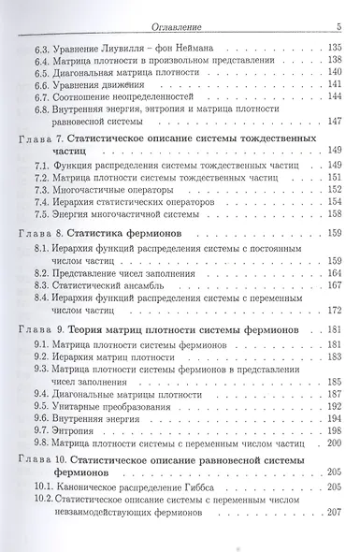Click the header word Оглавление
174,10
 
